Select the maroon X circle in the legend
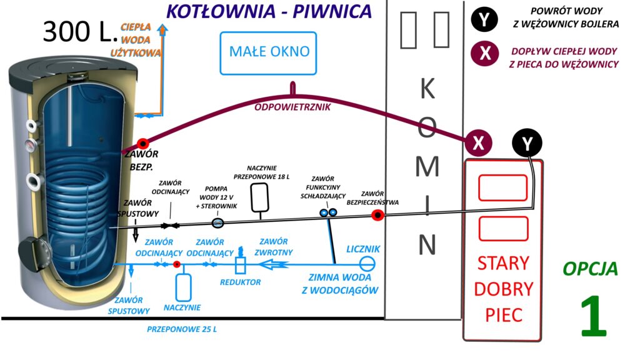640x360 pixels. pyautogui.click(x=484, y=54)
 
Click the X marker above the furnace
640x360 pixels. pyautogui.click(x=478, y=143)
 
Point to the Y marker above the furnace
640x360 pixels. pyautogui.click(x=528, y=144)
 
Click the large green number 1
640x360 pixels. pyautogui.click(x=593, y=317)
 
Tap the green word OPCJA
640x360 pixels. pyautogui.click(x=590, y=269)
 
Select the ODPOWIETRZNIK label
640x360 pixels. pyautogui.click(x=292, y=107)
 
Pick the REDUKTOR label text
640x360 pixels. pyautogui.click(x=241, y=282)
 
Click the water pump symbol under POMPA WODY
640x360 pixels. pyautogui.click(x=218, y=222)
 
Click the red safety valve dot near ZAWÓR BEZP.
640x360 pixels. pyautogui.click(x=142, y=144)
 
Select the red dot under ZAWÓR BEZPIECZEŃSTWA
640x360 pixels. pyautogui.click(x=377, y=216)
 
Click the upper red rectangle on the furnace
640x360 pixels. pyautogui.click(x=502, y=187)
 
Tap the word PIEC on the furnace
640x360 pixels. pyautogui.click(x=503, y=314)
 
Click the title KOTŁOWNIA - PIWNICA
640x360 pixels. pyautogui.click(x=269, y=11)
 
